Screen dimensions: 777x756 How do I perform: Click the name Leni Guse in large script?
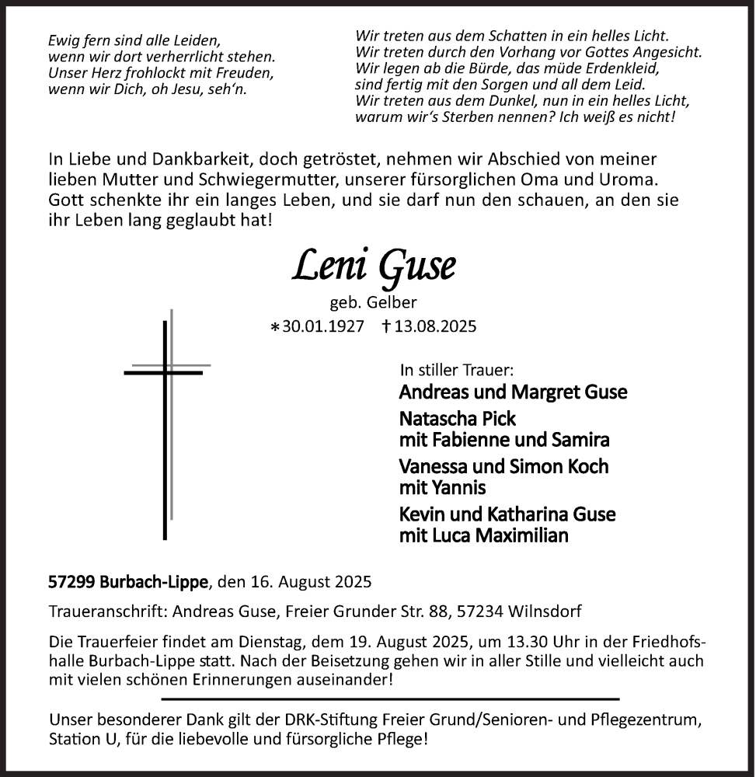[x=374, y=267]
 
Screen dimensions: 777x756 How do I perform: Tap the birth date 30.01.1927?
[x=322, y=326]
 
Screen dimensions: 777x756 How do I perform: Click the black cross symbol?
[x=165, y=427]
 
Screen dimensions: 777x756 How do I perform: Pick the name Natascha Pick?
[x=457, y=419]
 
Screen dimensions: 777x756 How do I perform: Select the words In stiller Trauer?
[x=456, y=370]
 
